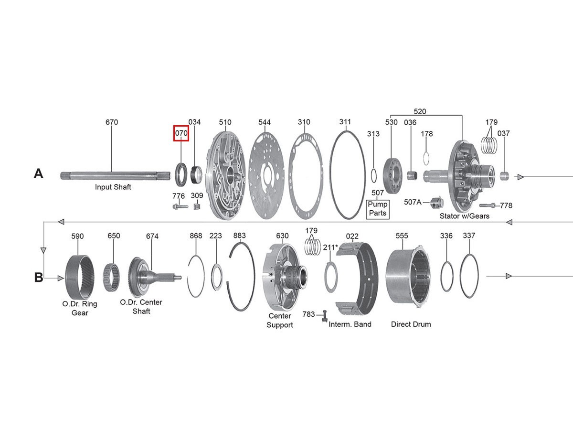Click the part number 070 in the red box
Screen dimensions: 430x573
point(181,133)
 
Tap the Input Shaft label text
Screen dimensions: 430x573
point(113,187)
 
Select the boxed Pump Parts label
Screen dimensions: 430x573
point(378,209)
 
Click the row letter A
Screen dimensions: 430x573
point(39,173)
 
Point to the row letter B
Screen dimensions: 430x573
point(39,277)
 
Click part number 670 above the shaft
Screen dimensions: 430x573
point(112,122)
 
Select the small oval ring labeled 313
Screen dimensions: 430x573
point(375,175)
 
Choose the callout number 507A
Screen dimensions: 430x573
point(413,202)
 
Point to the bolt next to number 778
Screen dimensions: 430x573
point(487,205)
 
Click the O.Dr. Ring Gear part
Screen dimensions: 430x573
point(79,276)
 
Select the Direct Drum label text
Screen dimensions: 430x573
point(411,324)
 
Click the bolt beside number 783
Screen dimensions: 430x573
point(325,315)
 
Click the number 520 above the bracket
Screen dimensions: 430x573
point(420,111)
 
